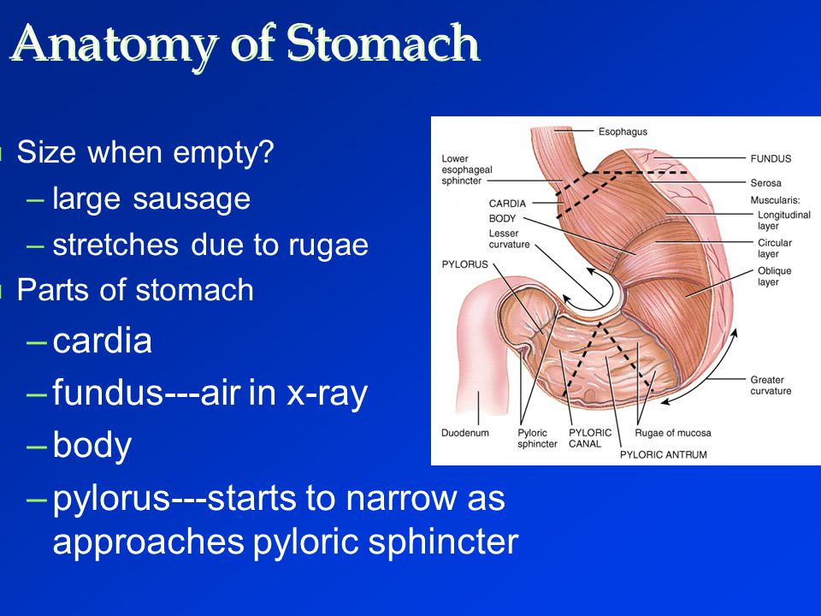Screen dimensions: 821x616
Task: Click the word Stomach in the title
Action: click(x=383, y=44)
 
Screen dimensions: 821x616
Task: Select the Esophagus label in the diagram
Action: click(x=623, y=132)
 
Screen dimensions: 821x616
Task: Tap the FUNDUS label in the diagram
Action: click(x=771, y=158)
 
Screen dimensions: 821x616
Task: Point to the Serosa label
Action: click(x=765, y=183)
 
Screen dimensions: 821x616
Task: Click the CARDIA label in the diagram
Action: click(x=507, y=204)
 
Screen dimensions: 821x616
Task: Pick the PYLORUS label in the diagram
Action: click(x=465, y=264)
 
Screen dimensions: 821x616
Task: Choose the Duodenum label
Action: click(x=465, y=433)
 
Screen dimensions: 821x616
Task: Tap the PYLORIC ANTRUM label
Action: click(x=664, y=454)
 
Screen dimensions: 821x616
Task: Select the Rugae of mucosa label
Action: click(x=673, y=433)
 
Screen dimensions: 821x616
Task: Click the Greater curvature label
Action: click(x=771, y=385)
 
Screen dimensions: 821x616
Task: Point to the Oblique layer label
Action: click(x=775, y=276)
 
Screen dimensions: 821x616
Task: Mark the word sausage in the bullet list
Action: click(x=192, y=199)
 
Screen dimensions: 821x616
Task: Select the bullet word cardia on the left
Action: click(x=102, y=341)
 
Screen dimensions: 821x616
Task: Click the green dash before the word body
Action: click(x=36, y=447)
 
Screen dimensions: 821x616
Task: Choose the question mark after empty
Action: click(x=266, y=151)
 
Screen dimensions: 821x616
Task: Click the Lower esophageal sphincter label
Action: click(x=467, y=169)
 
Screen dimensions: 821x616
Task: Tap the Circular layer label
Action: click(x=775, y=248)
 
